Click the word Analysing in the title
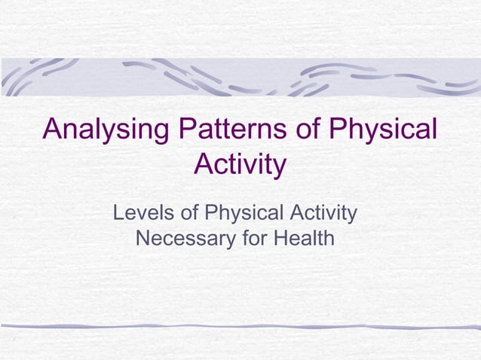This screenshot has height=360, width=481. (x=106, y=130)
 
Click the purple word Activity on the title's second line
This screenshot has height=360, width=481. (x=240, y=164)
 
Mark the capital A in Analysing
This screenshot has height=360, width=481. (x=54, y=129)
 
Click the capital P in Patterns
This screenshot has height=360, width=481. (x=186, y=129)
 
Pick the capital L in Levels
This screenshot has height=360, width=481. (x=118, y=213)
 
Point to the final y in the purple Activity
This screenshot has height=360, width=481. (x=279, y=167)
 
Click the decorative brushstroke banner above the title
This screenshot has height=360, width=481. (x=240, y=78)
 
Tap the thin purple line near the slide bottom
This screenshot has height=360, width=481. (x=240, y=327)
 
